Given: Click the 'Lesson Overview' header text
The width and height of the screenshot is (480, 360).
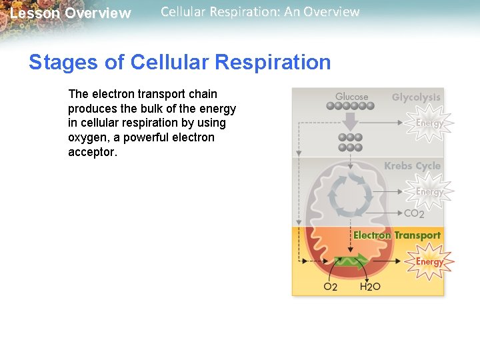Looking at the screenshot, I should (71, 13).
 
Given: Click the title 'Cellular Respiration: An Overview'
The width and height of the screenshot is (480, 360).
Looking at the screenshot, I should (260, 12).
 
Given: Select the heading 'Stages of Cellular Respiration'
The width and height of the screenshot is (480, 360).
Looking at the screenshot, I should (179, 62).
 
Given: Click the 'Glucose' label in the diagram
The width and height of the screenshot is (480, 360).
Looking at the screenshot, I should (351, 97).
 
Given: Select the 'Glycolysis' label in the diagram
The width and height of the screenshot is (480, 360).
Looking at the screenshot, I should (416, 97).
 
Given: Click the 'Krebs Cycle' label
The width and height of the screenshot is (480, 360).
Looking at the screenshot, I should (412, 166).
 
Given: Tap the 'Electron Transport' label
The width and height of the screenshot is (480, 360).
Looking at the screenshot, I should (397, 235).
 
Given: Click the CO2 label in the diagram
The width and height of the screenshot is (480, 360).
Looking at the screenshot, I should (414, 214).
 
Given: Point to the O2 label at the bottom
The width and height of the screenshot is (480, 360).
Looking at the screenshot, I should (331, 287).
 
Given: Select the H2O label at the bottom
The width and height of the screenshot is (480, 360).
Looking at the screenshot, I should (370, 287).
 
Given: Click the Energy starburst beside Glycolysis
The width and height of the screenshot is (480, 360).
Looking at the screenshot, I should (429, 123).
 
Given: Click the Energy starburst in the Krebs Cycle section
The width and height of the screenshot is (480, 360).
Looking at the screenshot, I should (429, 192).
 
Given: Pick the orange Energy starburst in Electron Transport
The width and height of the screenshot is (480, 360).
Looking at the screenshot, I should (429, 261).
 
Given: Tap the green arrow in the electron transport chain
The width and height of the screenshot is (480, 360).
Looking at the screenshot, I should (351, 260).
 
